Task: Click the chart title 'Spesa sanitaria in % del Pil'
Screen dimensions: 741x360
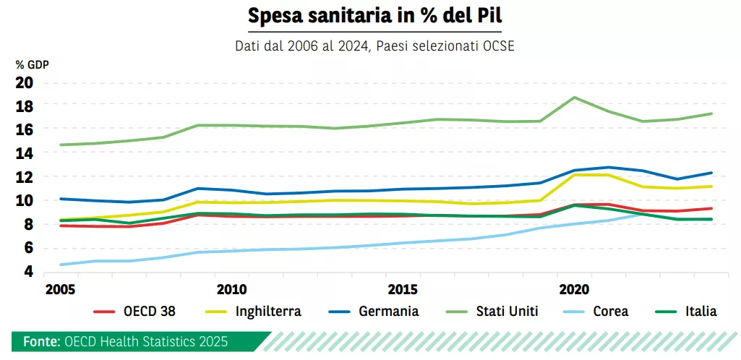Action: [x=374, y=15]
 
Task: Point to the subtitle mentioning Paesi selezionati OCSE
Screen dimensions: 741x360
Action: [x=374, y=46]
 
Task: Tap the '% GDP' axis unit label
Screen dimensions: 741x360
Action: [x=32, y=65]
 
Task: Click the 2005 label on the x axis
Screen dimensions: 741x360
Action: [x=60, y=289]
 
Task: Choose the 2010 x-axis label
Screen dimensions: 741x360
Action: [x=232, y=289]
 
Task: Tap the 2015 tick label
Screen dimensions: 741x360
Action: [x=403, y=289]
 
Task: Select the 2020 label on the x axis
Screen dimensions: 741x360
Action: [x=575, y=289]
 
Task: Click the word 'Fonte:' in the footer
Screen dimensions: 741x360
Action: [x=41, y=341]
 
